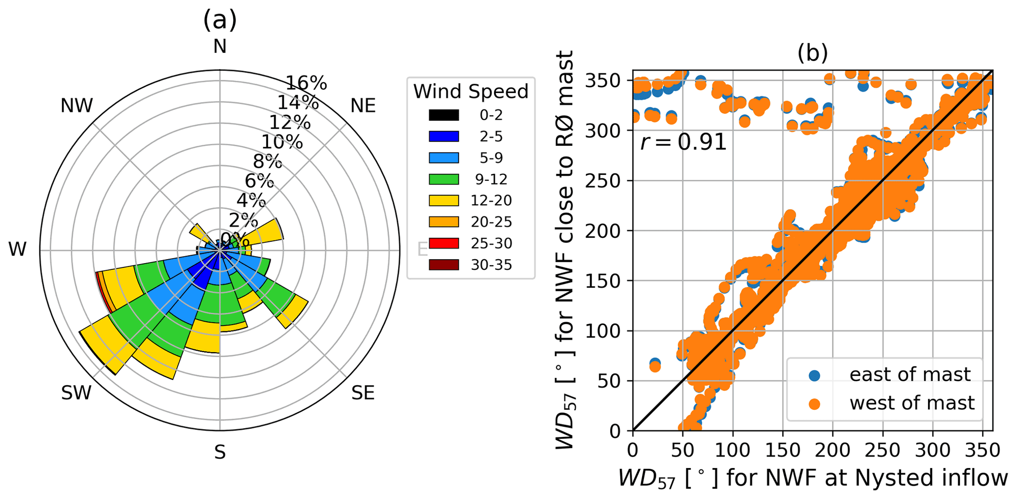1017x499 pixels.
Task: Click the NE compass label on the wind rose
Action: click(363, 105)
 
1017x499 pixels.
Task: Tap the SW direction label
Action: click(76, 393)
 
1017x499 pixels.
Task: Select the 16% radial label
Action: click(307, 83)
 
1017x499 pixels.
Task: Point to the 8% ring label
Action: click(267, 161)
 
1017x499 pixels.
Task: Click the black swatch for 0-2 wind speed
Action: click(444, 115)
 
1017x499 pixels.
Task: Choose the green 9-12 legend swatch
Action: click(444, 179)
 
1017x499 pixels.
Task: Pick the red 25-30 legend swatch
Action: click(444, 243)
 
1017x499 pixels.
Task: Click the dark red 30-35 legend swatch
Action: click(444, 265)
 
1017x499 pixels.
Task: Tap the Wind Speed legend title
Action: click(470, 91)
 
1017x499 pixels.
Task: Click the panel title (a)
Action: click(220, 20)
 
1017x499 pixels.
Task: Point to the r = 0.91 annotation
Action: click(683, 142)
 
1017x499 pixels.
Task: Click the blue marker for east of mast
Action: click(815, 375)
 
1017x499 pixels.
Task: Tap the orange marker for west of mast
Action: click(815, 404)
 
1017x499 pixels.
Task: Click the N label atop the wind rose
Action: click(220, 46)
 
